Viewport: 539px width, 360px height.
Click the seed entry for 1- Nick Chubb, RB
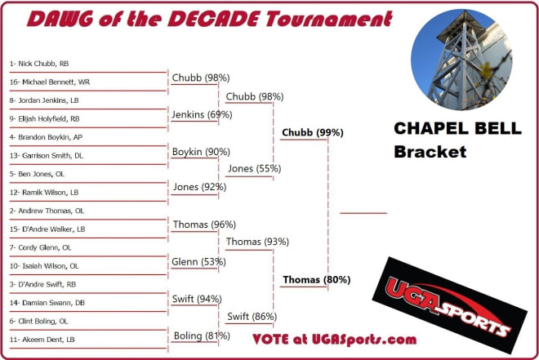(x=39, y=64)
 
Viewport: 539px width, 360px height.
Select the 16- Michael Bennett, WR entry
(x=50, y=82)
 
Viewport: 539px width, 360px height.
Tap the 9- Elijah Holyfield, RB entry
(x=44, y=119)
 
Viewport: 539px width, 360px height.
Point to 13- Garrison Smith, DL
(x=47, y=156)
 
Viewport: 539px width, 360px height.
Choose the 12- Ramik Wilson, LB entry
(x=44, y=193)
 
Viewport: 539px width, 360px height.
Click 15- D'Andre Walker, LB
(x=47, y=229)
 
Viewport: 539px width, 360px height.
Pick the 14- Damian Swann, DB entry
(x=47, y=303)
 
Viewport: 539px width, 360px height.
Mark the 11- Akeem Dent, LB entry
(x=42, y=340)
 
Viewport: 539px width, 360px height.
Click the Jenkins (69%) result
(x=202, y=115)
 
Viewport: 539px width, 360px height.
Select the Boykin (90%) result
(x=201, y=152)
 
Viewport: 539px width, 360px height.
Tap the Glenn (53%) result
(x=198, y=262)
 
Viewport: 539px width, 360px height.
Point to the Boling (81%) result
(x=202, y=336)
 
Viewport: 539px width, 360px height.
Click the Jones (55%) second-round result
(x=254, y=169)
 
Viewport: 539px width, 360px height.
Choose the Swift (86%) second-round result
(x=252, y=317)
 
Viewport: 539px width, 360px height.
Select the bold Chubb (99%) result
(x=313, y=132)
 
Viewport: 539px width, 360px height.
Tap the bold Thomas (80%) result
(x=317, y=280)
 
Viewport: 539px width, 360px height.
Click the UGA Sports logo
(x=450, y=305)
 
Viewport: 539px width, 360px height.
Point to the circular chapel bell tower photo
(x=461, y=60)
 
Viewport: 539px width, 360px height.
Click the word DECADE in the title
(x=213, y=19)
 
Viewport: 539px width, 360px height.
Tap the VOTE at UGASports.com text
(x=335, y=340)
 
